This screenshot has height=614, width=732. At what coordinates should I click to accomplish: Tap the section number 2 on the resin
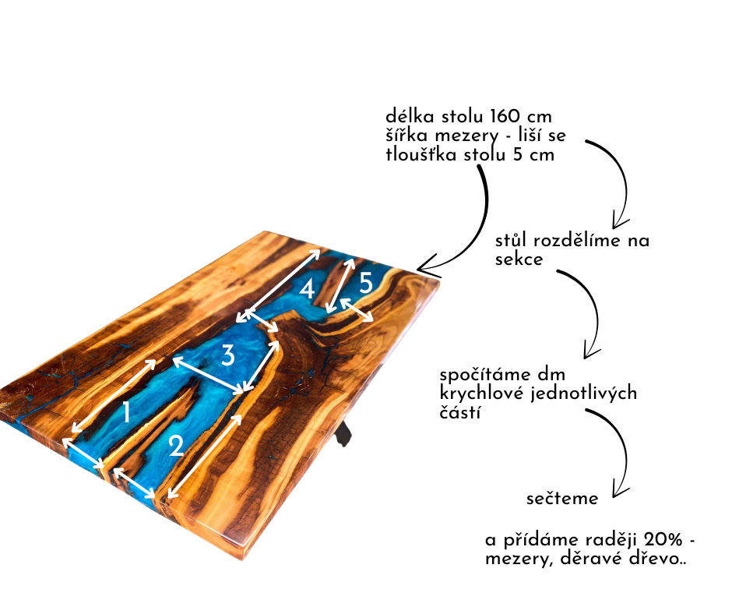point(176,446)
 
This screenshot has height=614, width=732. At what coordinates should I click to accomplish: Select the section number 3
point(227,356)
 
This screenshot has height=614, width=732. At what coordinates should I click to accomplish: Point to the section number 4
point(307,290)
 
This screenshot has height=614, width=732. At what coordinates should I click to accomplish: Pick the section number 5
point(366,284)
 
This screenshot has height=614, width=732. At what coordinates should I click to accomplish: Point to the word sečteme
point(562,499)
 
